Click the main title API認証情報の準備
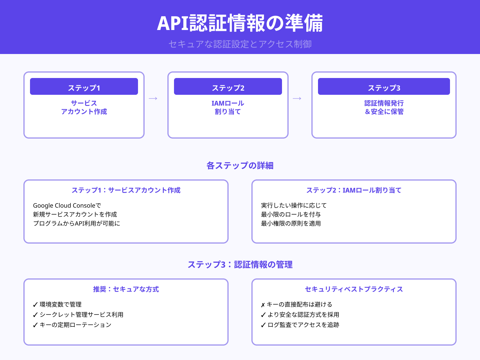240,23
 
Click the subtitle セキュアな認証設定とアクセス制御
240,44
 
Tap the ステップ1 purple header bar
84,87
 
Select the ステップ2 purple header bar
228,87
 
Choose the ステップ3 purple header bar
384,87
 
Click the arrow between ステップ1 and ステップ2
153,98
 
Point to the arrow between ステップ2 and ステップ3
297,98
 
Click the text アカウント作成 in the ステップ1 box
84,112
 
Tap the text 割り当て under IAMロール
228,112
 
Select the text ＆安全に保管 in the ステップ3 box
384,112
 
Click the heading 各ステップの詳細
240,166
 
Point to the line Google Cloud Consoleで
67,205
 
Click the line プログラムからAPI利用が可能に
76,223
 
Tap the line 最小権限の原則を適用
291,223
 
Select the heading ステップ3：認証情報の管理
240,265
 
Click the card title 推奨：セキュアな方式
126,289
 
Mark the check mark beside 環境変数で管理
35,305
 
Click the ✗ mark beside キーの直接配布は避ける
263,305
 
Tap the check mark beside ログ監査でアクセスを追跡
263,325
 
